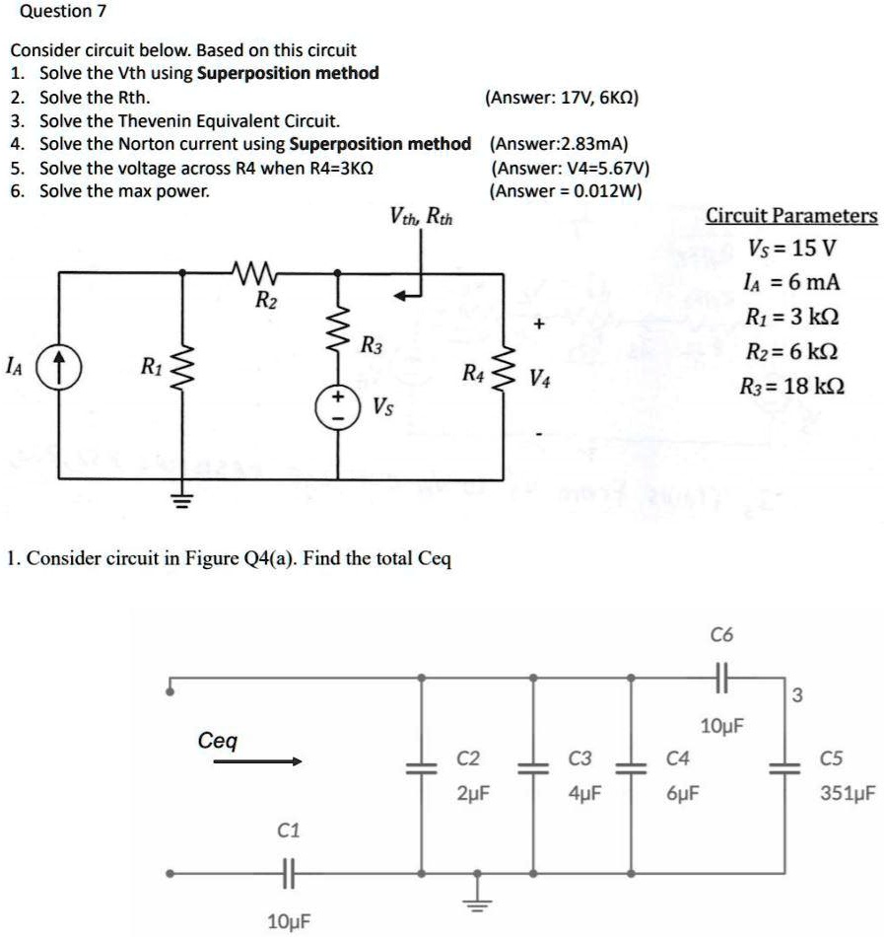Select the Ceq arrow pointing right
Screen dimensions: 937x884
(x=257, y=761)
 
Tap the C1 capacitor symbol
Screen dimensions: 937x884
(x=287, y=873)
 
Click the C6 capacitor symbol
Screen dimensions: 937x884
(x=722, y=678)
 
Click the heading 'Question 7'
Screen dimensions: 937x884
(x=56, y=12)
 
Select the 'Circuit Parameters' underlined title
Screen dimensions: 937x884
(x=791, y=216)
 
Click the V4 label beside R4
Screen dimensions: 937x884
(x=540, y=378)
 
